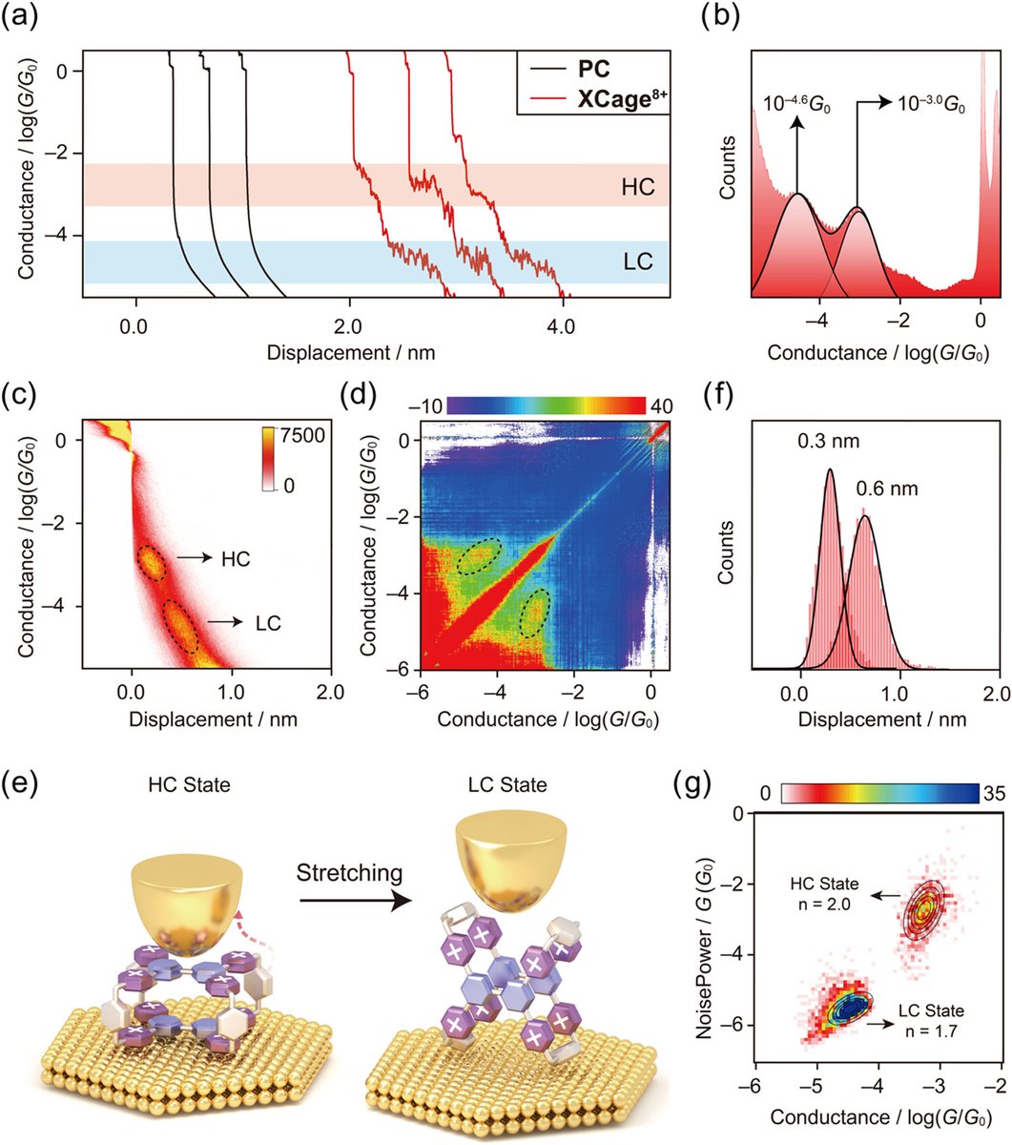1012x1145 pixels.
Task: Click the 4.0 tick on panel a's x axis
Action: tap(561, 326)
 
